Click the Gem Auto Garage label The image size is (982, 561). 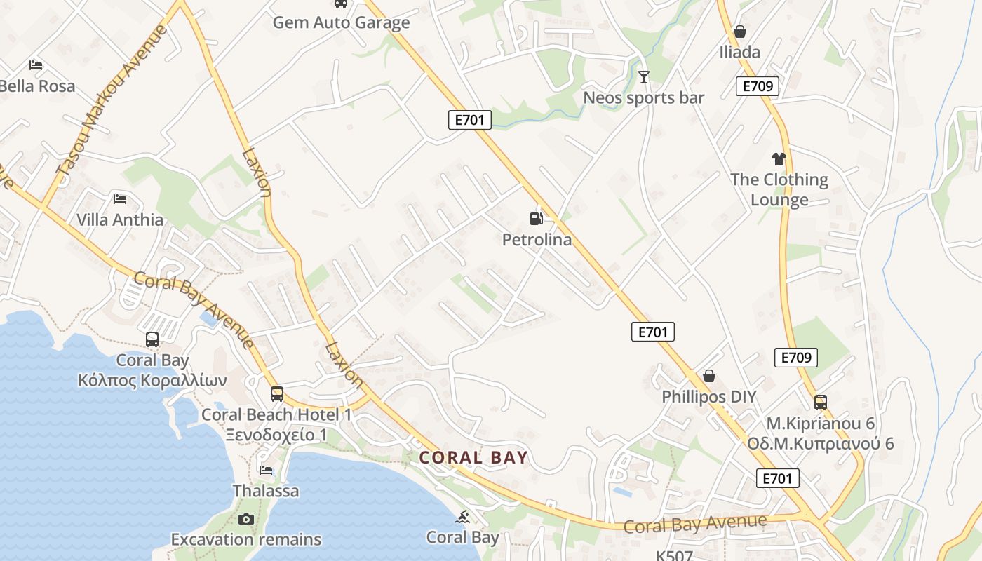tap(341, 22)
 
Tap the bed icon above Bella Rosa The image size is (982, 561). tap(36, 65)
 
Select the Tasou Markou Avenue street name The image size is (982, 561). tap(113, 101)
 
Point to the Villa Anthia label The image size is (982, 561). tap(120, 219)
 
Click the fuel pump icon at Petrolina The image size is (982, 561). tap(537, 219)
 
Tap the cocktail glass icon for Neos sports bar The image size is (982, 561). tap(644, 76)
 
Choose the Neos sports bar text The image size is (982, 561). tap(644, 97)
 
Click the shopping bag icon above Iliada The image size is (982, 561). tap(739, 32)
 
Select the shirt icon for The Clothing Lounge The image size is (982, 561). tap(779, 159)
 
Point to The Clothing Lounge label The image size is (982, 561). tap(779, 189)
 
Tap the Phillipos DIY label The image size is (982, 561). tap(709, 397)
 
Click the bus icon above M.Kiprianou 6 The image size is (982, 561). tap(820, 403)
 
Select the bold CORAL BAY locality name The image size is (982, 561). tap(473, 458)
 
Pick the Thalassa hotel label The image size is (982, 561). tap(266, 491)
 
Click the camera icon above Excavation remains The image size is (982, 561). tap(245, 519)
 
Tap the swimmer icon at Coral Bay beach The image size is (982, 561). tap(462, 518)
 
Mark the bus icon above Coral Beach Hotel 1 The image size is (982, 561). tap(277, 394)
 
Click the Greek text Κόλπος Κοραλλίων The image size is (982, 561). tap(152, 381)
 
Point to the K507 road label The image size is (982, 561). tap(674, 555)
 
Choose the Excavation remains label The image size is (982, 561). tap(246, 539)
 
